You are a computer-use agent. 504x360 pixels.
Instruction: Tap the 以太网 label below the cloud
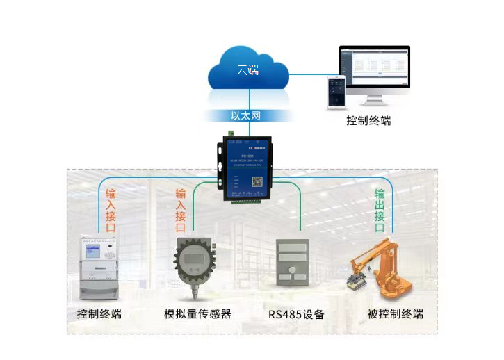pos(247,116)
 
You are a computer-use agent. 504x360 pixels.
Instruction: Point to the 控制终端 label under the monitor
pos(368,121)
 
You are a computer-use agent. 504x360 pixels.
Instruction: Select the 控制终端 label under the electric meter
pos(99,313)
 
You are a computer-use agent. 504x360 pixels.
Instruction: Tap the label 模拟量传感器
pos(197,313)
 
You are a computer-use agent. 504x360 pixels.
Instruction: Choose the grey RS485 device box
pos(291,264)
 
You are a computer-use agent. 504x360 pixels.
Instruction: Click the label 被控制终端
pos(395,313)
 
